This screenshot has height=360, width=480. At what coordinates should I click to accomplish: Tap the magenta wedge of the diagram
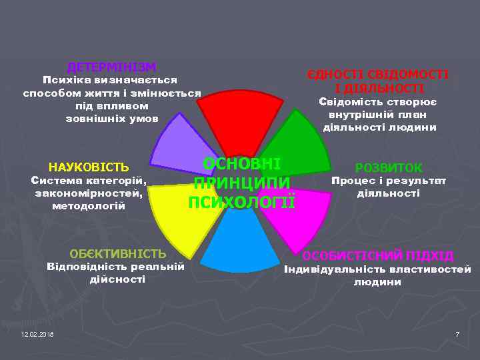tap(303, 217)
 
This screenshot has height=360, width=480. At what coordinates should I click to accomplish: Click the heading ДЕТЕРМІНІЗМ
tap(112, 67)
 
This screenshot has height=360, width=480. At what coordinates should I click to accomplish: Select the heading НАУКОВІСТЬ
tap(89, 167)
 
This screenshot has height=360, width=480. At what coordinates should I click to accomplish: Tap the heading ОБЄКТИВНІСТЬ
tap(118, 253)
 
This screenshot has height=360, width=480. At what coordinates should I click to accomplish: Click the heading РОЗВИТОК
tap(389, 168)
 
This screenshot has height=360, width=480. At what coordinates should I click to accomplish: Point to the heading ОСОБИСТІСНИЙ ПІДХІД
tap(378, 256)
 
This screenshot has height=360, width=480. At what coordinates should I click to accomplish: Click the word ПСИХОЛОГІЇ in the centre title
tap(241, 202)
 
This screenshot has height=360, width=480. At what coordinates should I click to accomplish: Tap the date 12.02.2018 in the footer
tap(37, 333)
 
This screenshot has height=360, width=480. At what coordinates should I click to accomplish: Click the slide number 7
tap(457, 333)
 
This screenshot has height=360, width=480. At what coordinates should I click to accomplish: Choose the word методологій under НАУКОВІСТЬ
tap(89, 206)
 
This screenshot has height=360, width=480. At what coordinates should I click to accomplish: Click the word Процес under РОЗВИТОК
tap(352, 181)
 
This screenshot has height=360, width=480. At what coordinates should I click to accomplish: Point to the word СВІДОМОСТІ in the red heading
tap(411, 75)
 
